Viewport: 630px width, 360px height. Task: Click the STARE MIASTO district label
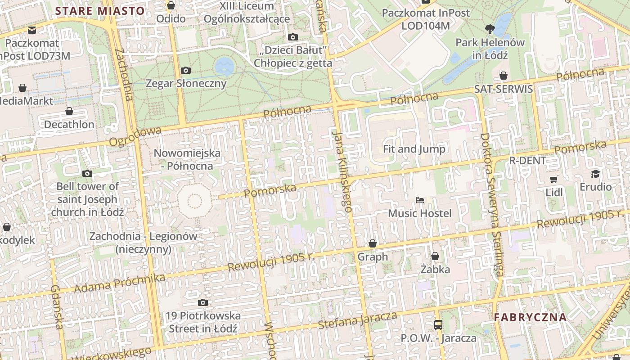pyautogui.click(x=100, y=11)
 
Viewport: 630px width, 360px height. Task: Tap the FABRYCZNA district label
pyautogui.click(x=530, y=317)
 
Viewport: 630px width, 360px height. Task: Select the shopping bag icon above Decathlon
pyautogui.click(x=69, y=111)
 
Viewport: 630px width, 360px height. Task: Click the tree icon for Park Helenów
pyautogui.click(x=490, y=29)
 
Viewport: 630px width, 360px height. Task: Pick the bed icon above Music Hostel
pyautogui.click(x=419, y=200)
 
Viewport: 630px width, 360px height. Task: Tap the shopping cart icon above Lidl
pyautogui.click(x=554, y=179)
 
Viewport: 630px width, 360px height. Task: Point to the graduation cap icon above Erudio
pyautogui.click(x=595, y=174)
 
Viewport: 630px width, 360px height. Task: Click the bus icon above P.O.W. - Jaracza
pyautogui.click(x=438, y=324)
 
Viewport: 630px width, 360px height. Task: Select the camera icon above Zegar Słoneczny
pyautogui.click(x=185, y=70)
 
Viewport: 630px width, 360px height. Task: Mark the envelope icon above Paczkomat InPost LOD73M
pyautogui.click(x=32, y=30)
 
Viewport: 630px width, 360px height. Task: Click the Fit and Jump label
pyautogui.click(x=414, y=149)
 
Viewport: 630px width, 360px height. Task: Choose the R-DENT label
pyautogui.click(x=527, y=161)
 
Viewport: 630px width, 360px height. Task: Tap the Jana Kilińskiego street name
pyautogui.click(x=342, y=171)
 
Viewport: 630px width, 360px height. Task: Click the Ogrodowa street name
pyautogui.click(x=135, y=136)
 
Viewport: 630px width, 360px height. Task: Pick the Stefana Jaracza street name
pyautogui.click(x=357, y=319)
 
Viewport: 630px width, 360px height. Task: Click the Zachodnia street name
pyautogui.click(x=124, y=74)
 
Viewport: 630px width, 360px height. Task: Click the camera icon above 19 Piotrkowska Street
pyautogui.click(x=203, y=303)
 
